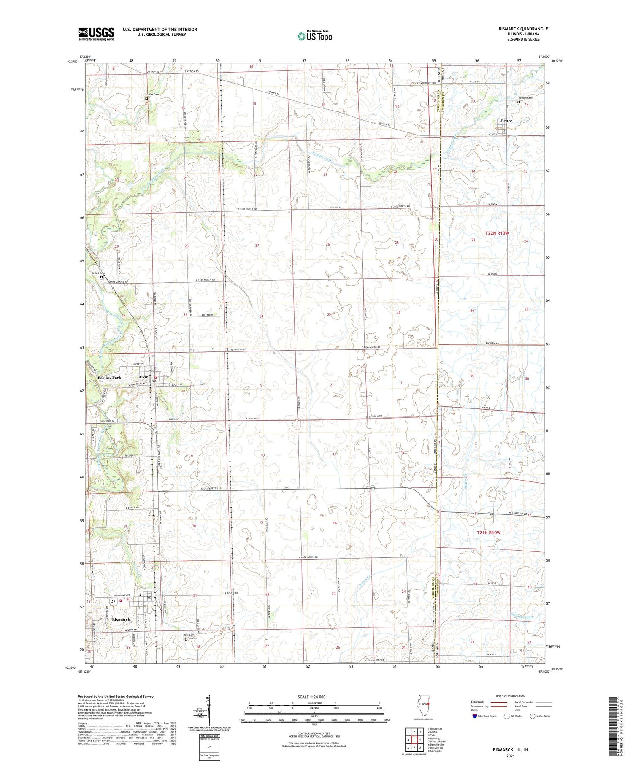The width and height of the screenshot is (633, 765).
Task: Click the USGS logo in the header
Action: coord(96,34)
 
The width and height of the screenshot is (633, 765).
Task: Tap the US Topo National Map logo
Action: coord(314,36)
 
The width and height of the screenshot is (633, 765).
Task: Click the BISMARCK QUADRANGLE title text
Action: coord(524,29)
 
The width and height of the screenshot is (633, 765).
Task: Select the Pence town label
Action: coord(506,121)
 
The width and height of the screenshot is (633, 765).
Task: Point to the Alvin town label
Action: coord(143,377)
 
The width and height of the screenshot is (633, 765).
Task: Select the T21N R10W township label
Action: coord(488,533)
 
